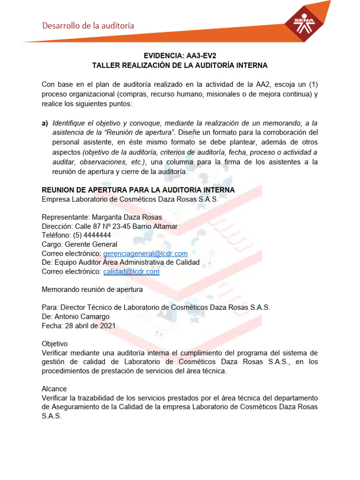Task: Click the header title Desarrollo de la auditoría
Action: [x=89, y=26]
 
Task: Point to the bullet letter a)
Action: [x=45, y=123]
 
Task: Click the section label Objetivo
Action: [x=55, y=344]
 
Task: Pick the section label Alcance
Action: [x=54, y=389]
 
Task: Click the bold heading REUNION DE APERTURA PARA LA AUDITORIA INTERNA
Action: [x=138, y=189]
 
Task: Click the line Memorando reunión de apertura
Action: [x=92, y=290]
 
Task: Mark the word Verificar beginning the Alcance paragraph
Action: [x=56, y=398]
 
